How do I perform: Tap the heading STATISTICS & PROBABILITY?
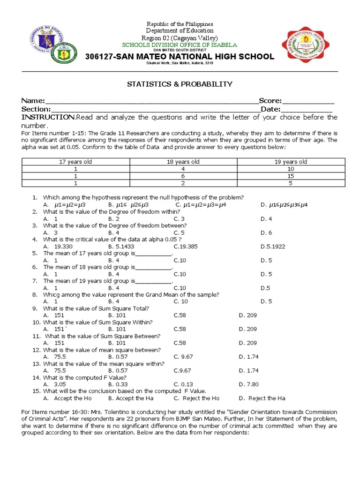(180, 84)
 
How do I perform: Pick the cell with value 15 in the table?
(291, 176)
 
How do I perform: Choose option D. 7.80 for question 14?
(248, 384)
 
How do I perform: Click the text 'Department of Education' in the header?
(180, 30)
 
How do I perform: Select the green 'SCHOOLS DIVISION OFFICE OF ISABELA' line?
(180, 45)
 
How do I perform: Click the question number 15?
(36, 391)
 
